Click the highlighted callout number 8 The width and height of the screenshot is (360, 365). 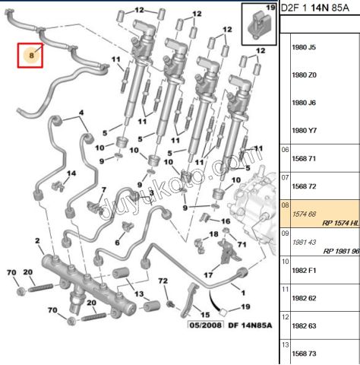coord(31,56)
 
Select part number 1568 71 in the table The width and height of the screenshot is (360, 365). coord(304,159)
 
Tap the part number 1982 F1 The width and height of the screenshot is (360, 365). coord(304,270)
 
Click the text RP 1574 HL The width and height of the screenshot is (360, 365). coord(341,223)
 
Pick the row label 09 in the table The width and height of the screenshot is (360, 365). coord(285,233)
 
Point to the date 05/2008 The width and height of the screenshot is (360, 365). coord(205,325)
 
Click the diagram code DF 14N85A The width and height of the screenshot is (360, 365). coord(250,325)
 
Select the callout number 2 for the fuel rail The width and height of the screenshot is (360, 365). coord(37,241)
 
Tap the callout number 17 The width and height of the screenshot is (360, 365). coord(208,275)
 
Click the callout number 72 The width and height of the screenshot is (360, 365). coord(163,281)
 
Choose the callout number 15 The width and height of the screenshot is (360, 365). coord(205,315)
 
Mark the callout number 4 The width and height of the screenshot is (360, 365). coord(81,113)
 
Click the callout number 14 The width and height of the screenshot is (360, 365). coord(71,173)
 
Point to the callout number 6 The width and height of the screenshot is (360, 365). coord(117,243)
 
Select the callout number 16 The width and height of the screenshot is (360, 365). coord(226,221)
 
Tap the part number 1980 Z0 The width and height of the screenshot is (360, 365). coord(304,75)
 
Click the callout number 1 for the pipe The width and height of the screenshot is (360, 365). coord(243,293)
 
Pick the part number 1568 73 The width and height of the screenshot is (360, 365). coord(304,354)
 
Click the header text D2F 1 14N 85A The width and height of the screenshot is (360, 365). coord(315,8)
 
